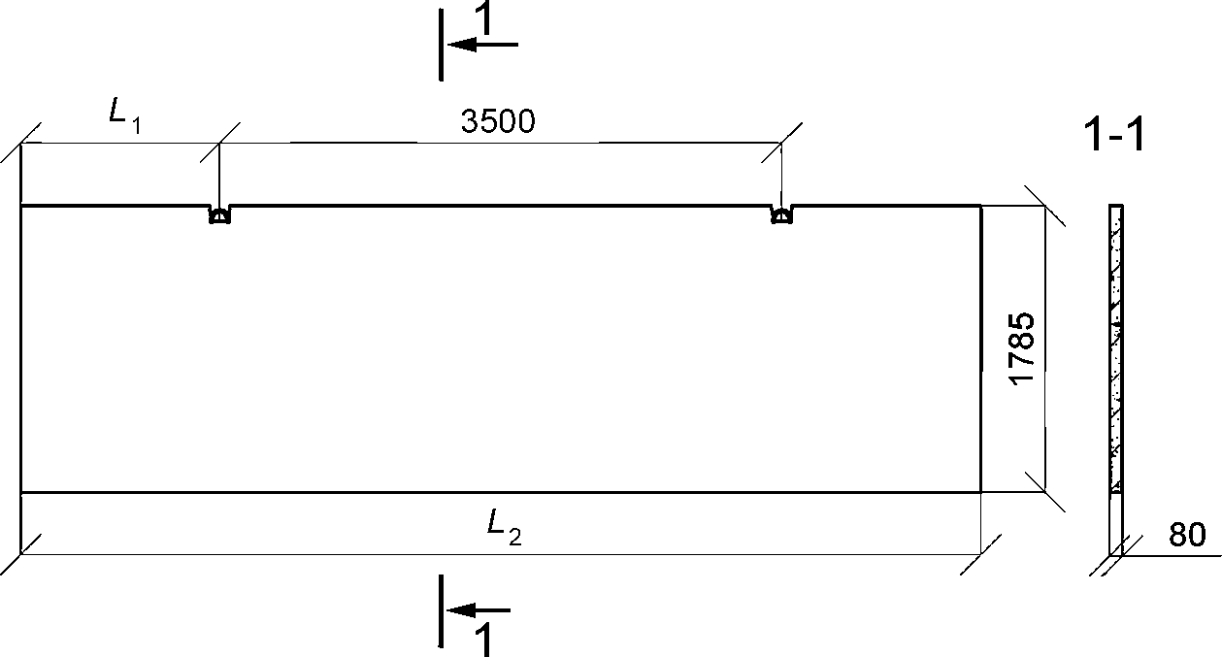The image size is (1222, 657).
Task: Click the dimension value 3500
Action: click(498, 121)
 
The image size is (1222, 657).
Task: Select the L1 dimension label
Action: click(123, 114)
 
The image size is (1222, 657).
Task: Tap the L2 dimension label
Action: click(504, 527)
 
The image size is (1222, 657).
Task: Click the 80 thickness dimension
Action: click(1187, 536)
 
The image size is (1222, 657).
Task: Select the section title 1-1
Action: click(1113, 137)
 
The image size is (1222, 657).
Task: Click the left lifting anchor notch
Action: click(219, 215)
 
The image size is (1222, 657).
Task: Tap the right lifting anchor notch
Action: click(780, 215)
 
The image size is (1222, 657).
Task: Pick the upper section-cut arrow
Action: click(482, 45)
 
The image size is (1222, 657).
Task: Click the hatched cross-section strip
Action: click(1117, 349)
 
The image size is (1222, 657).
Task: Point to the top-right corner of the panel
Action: click(980, 206)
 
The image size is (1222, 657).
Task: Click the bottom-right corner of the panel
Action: click(980, 492)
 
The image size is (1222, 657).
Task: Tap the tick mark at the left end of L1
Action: click(21, 144)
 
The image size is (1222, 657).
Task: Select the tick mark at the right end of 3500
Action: click(781, 144)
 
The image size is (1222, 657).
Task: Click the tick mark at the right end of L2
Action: click(981, 555)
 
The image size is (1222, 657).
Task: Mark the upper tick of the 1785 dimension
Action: click(1044, 206)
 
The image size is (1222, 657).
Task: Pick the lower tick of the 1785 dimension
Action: click(1044, 492)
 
